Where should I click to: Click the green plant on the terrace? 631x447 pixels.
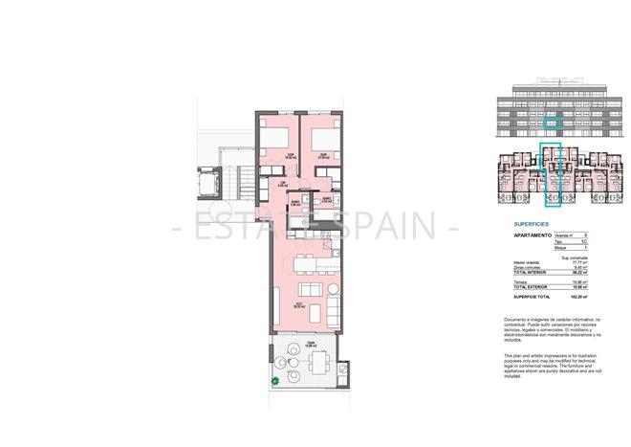tap(274, 382)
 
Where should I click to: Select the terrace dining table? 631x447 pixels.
tap(318, 361)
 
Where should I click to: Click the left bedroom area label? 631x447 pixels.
tap(265, 158)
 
